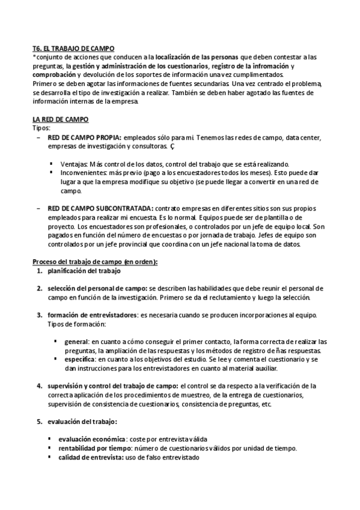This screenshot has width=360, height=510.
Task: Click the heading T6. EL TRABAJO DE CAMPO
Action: pyautogui.click(x=73, y=48)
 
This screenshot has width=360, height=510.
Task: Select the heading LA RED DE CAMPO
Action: pyautogui.click(x=60, y=119)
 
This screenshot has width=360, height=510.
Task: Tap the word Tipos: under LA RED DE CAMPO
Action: pyautogui.click(x=41, y=127)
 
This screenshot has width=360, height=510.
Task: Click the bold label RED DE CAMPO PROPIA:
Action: pyautogui.click(x=84, y=137)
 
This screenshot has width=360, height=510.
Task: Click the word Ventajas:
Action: pyautogui.click(x=74, y=164)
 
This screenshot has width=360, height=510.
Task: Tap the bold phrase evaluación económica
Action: pyautogui.click(x=92, y=439)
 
